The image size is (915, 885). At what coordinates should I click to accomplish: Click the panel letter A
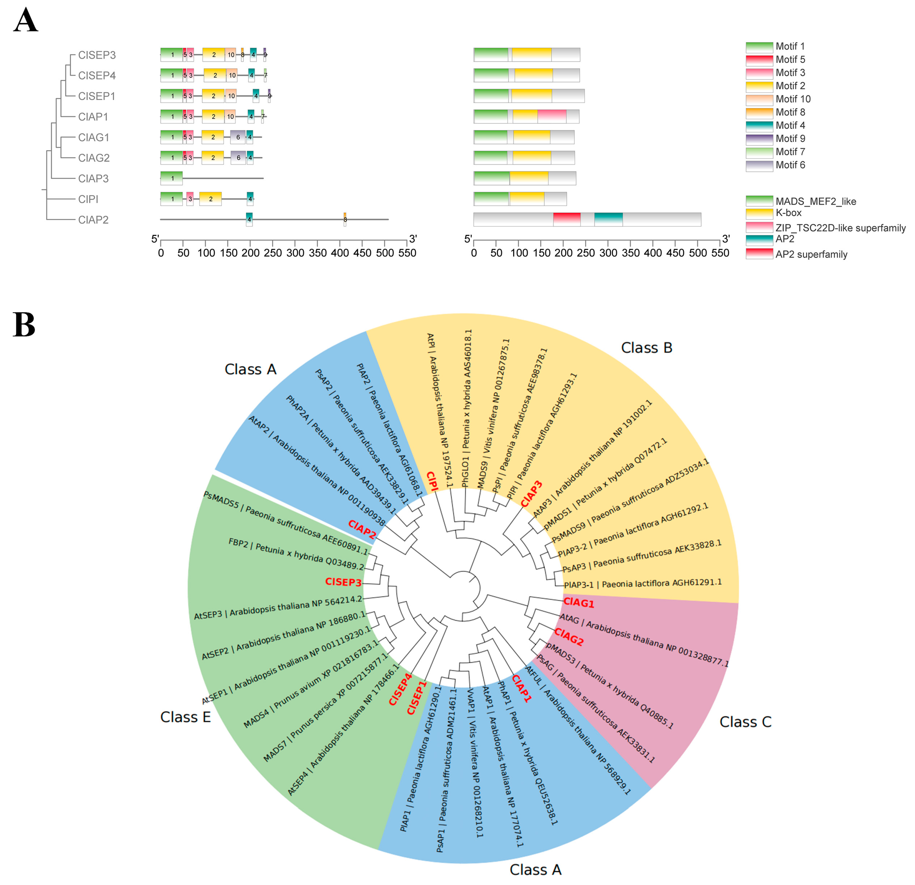(25, 21)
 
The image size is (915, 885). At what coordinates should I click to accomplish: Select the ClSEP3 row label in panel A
(97, 55)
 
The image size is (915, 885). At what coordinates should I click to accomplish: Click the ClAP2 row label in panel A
(93, 220)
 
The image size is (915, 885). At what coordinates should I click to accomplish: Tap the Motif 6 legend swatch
(759, 165)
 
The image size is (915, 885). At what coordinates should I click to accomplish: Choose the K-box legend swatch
(759, 213)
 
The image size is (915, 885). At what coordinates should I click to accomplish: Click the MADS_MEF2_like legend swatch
(759, 201)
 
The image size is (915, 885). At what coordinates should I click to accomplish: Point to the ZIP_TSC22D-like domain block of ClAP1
(552, 117)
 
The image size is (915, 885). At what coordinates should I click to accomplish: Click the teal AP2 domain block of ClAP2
(608, 219)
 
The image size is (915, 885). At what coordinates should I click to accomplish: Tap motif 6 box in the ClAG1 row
(238, 137)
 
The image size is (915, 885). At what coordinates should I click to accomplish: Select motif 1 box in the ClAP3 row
(171, 178)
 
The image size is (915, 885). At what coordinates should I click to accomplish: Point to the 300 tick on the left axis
(295, 241)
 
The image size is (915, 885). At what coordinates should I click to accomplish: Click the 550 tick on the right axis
(720, 241)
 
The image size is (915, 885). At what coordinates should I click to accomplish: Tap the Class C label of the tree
(745, 722)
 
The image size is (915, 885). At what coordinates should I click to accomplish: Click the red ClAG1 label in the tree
(579, 603)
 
